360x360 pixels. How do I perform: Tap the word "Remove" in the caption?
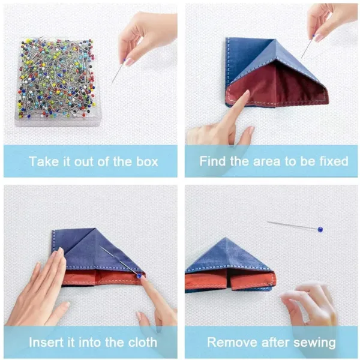click(x=230, y=343)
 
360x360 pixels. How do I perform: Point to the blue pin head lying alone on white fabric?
click(x=320, y=229)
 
